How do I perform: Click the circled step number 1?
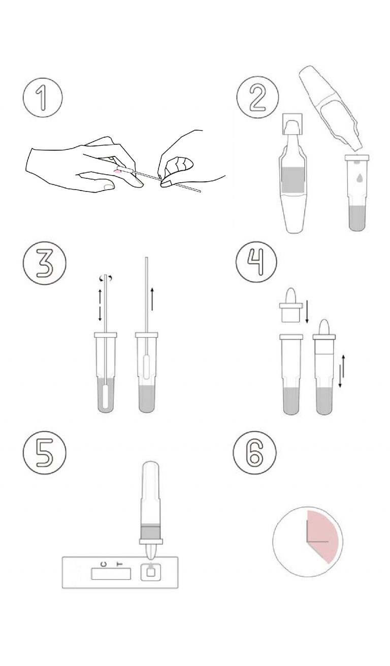point(42,98)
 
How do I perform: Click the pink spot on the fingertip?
point(118,172)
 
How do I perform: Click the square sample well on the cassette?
point(150,573)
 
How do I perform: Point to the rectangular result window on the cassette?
point(111,574)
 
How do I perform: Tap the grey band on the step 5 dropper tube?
point(150,532)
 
